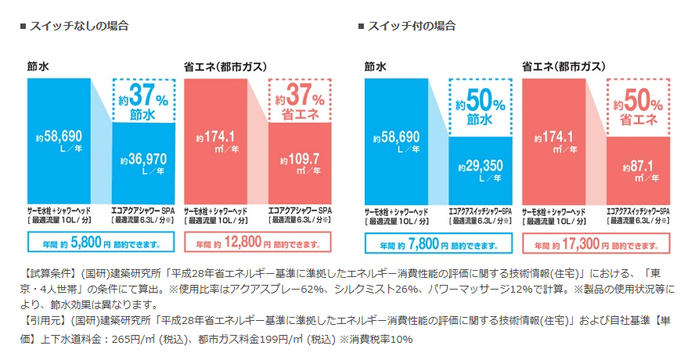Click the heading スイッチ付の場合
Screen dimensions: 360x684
[x=411, y=26]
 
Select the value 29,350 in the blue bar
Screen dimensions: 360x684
[x=481, y=167]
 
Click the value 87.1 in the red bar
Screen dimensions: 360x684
[x=639, y=167]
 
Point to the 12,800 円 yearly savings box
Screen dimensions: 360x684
[x=258, y=243]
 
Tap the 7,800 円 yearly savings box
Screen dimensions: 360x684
[x=438, y=243]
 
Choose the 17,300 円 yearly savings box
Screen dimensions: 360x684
[x=596, y=243]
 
